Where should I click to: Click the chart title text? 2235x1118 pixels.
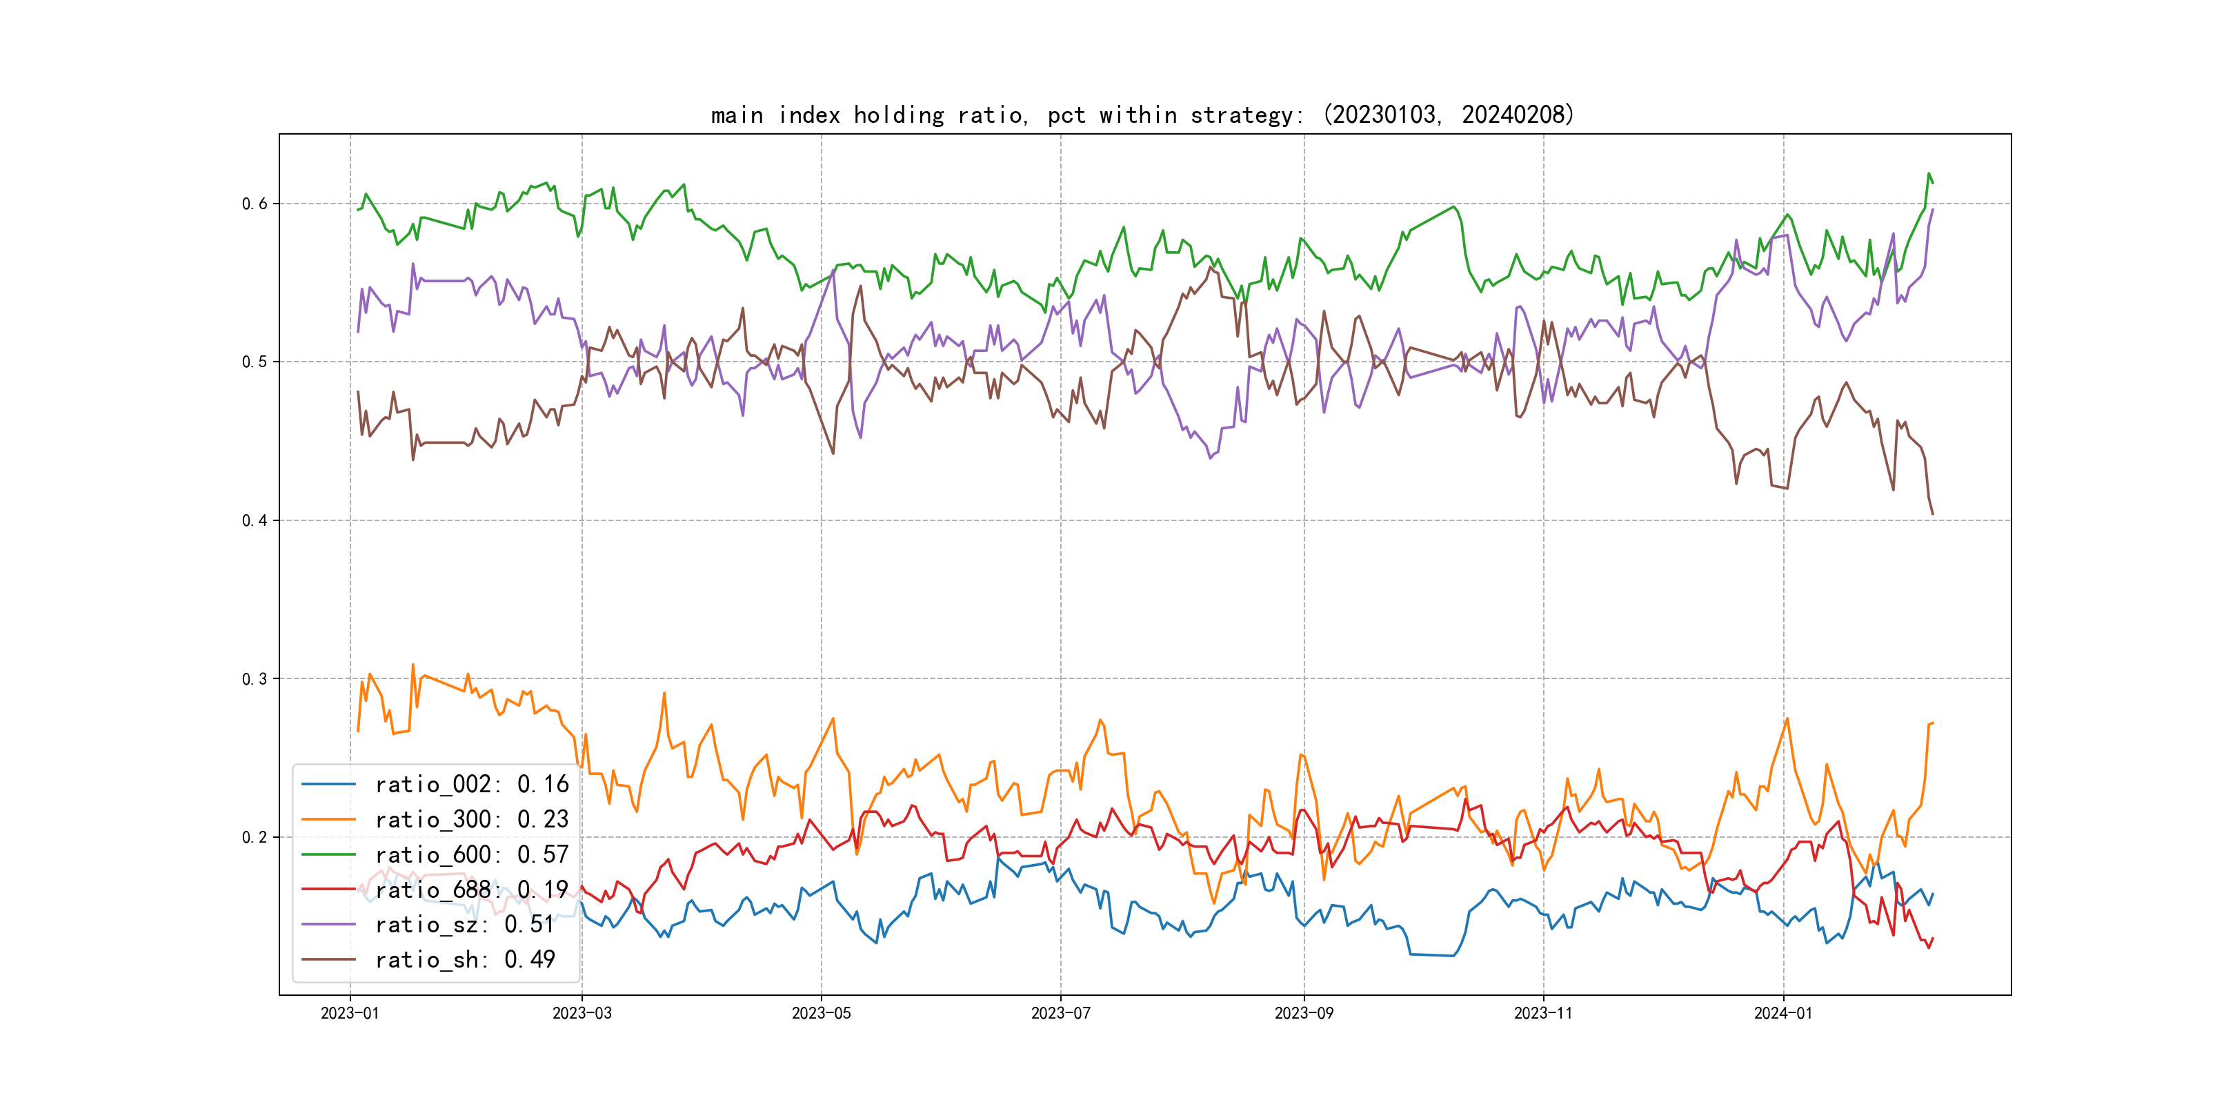[x=1142, y=115]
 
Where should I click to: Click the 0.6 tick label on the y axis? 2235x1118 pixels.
[x=255, y=204]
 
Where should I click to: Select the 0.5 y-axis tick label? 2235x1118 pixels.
[x=255, y=362]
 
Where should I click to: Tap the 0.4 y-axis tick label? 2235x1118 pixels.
[x=255, y=521]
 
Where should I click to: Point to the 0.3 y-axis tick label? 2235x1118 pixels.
[x=255, y=679]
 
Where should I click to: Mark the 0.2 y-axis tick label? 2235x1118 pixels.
[x=255, y=838]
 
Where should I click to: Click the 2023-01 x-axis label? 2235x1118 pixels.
[x=350, y=1013]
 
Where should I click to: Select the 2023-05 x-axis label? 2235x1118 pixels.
[x=821, y=1013]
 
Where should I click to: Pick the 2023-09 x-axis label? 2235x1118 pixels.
[x=1303, y=1013]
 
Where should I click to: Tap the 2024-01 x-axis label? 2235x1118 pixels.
[x=1783, y=1013]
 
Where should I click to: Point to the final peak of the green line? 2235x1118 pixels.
[x=1928, y=174]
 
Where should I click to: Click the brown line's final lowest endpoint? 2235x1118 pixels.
[x=1932, y=515]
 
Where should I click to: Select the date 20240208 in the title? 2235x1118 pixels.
[x=1513, y=115]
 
